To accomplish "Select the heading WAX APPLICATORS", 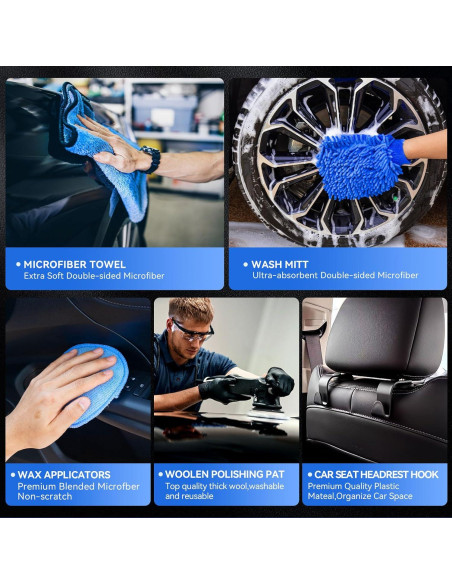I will [x=64, y=474].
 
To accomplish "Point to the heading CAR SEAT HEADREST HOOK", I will [x=377, y=474].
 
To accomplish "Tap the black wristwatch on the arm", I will [x=151, y=159].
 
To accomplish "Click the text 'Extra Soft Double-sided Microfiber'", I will [x=95, y=276].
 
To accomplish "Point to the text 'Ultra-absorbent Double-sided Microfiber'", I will [x=335, y=276].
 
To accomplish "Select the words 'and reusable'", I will [x=189, y=497].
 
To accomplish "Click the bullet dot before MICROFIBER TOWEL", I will [x=18, y=264].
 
